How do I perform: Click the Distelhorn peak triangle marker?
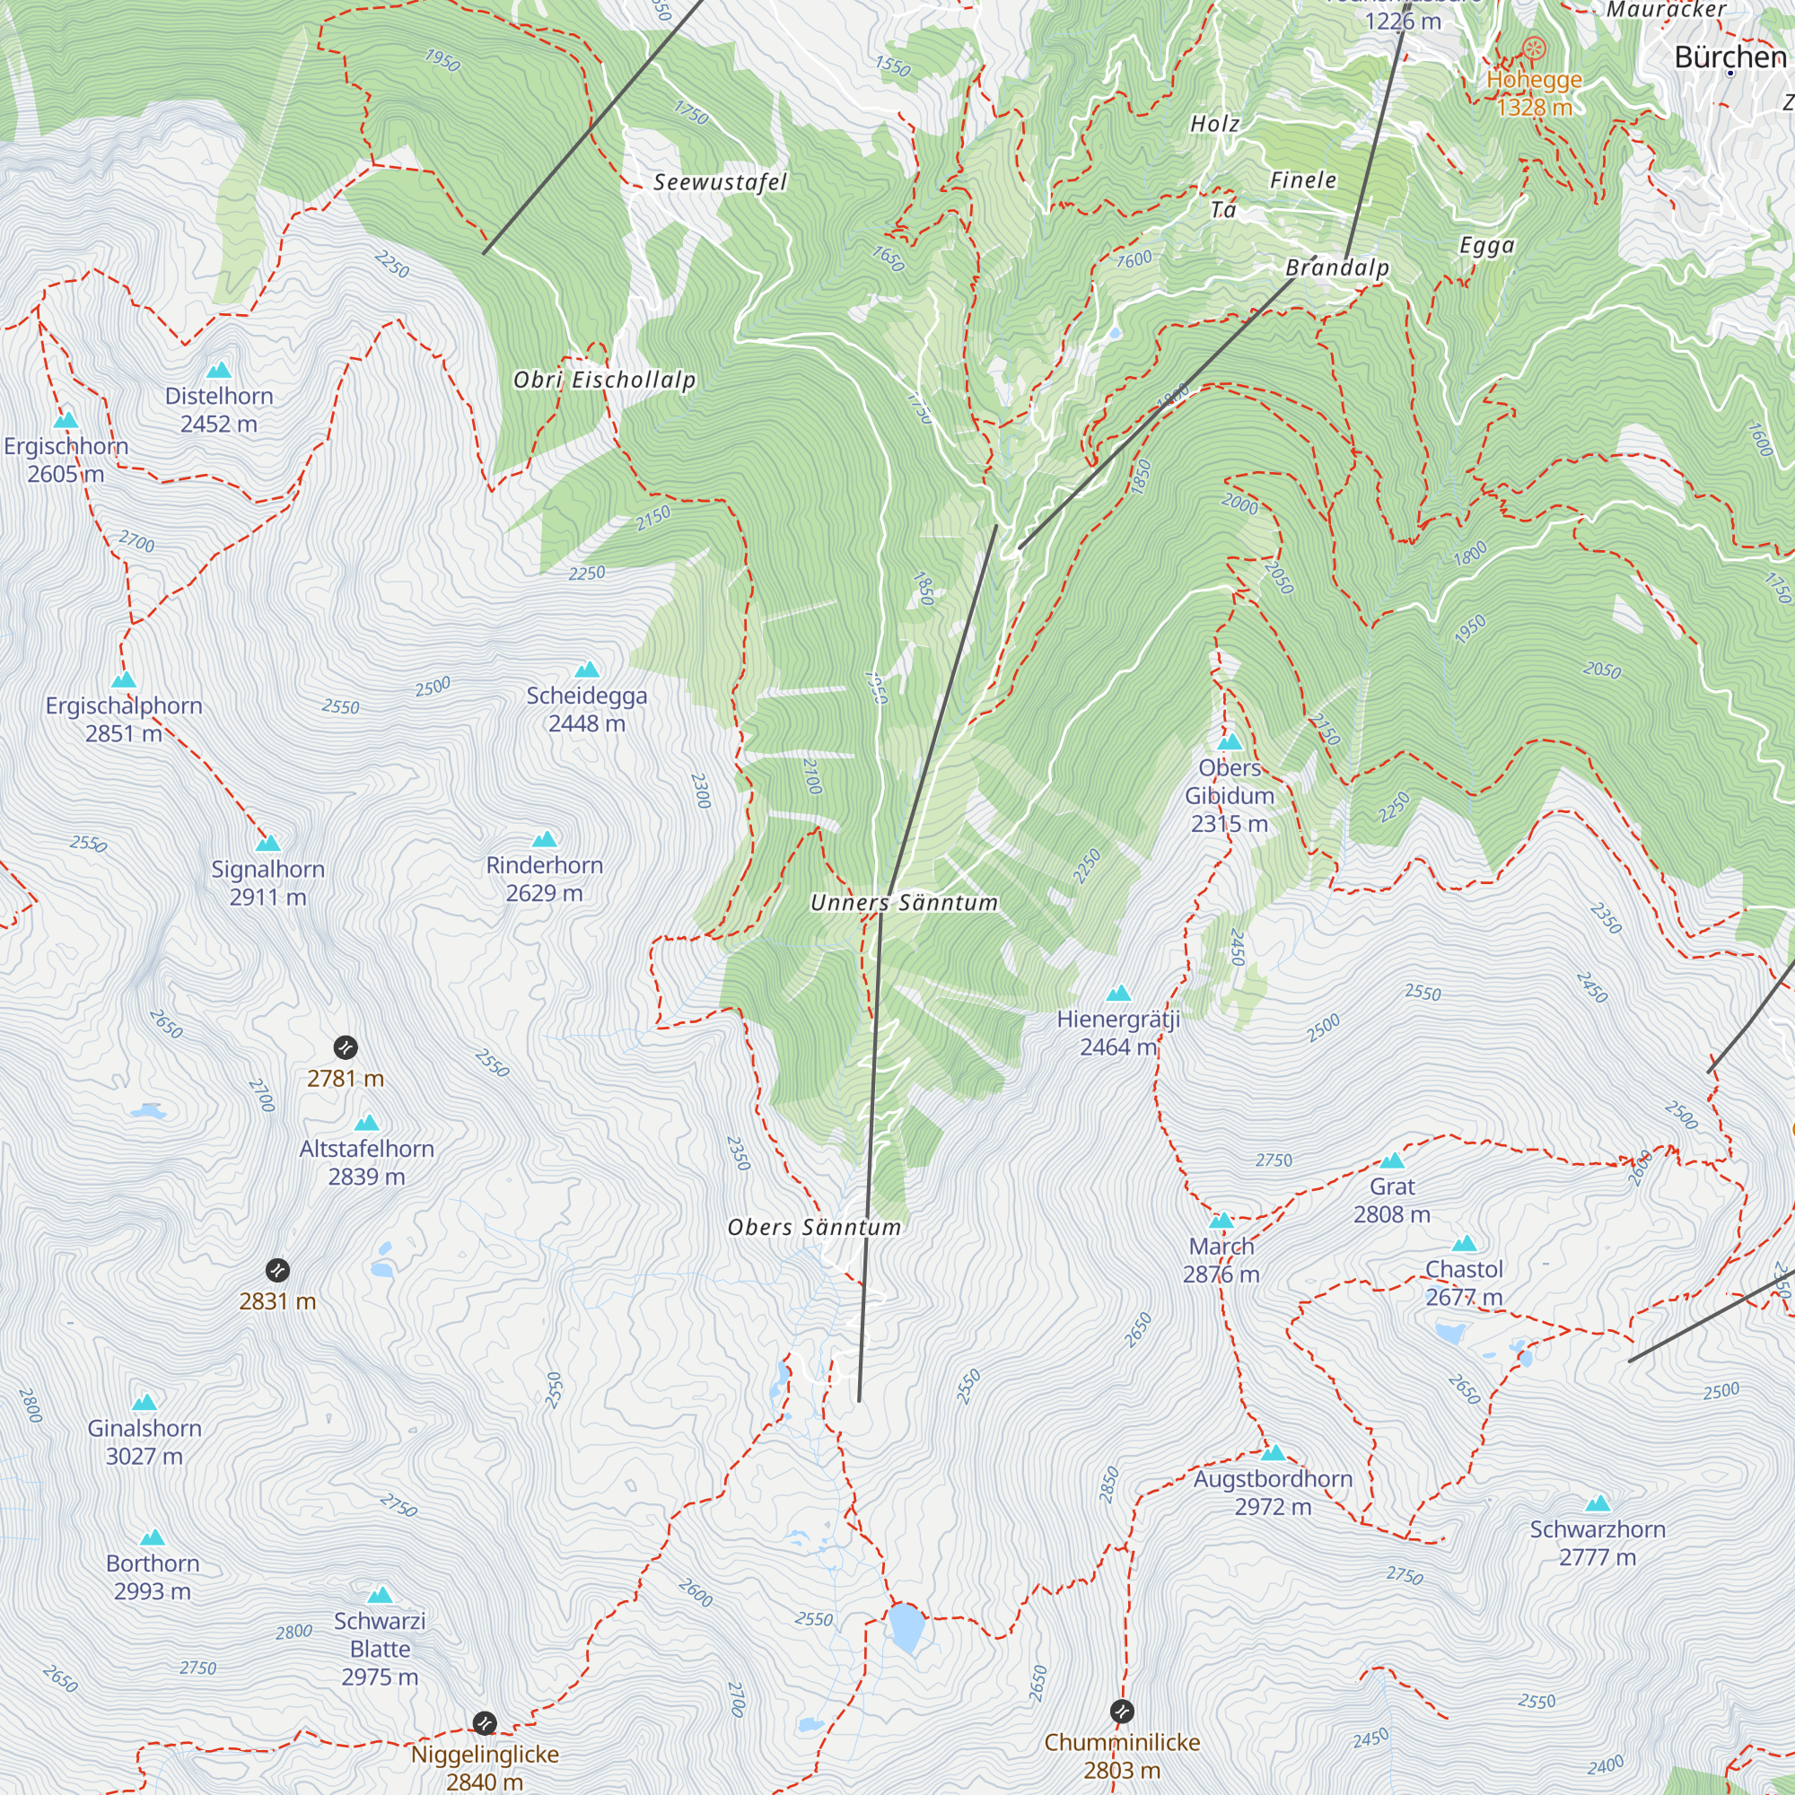(218, 371)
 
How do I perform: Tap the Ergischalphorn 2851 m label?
(124, 719)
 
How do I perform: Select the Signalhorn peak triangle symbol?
(267, 843)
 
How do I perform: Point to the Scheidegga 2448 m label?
(586, 709)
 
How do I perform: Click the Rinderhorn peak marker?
(545, 839)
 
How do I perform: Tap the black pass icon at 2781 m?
(345, 1048)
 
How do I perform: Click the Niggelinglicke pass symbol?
(484, 1723)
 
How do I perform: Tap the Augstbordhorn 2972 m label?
(1273, 1493)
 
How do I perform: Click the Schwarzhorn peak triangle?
(1598, 1503)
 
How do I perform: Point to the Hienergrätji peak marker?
(1118, 994)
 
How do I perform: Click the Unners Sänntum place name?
(903, 902)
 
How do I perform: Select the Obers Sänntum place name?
(814, 1227)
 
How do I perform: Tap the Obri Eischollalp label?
(604, 379)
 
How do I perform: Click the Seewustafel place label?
(719, 182)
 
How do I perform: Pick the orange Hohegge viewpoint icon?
(1534, 48)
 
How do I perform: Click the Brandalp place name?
(1337, 267)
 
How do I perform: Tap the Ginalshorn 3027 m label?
(144, 1442)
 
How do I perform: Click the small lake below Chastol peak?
(1449, 1335)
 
